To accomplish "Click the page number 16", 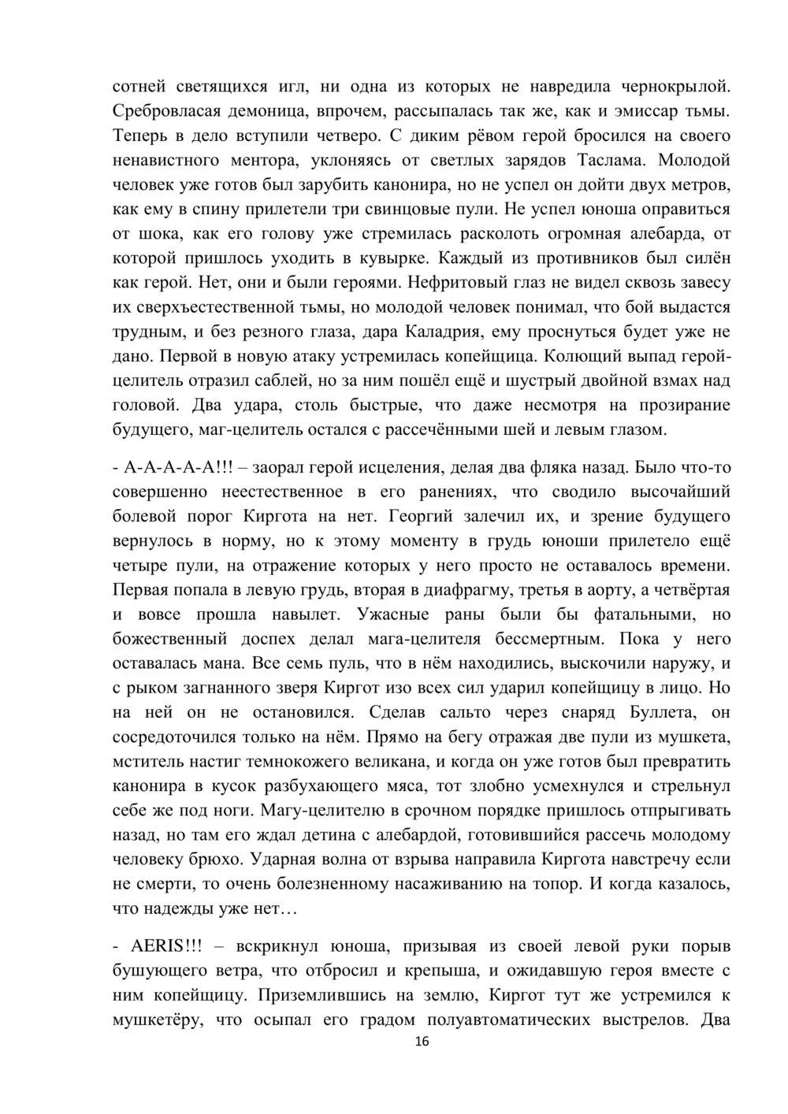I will tap(422, 1042).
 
